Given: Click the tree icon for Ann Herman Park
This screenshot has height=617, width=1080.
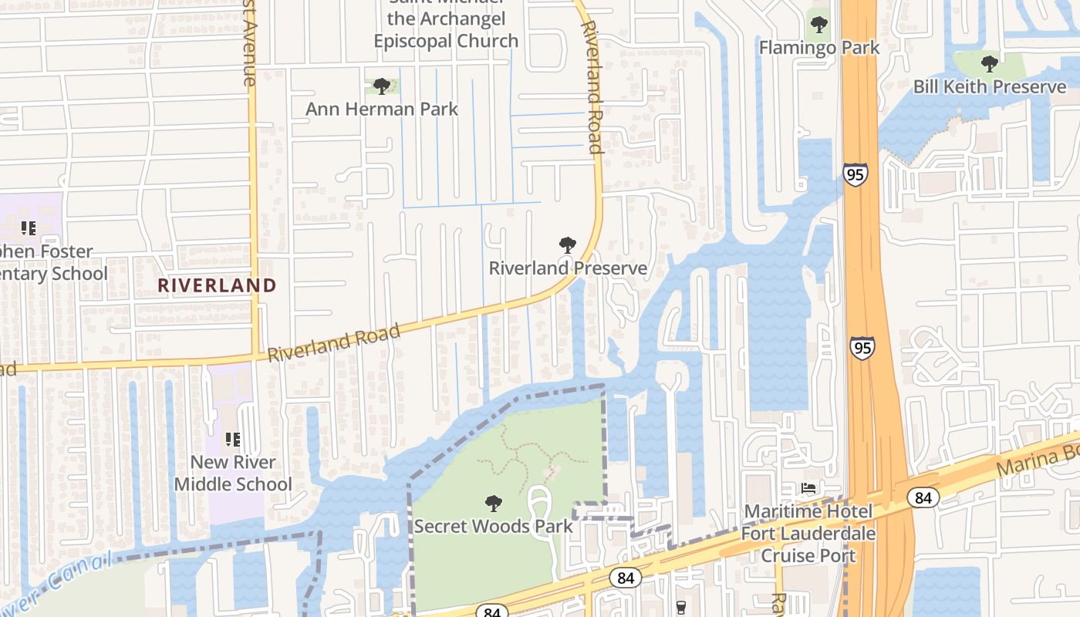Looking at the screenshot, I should click(381, 86).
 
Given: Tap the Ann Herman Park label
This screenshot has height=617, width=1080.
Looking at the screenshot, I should click(382, 109).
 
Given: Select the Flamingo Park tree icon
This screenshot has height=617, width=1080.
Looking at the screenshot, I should click(819, 25).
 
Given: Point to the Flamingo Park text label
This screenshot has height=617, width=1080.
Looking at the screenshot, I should click(819, 48).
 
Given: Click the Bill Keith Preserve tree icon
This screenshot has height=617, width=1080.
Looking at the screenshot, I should click(989, 63).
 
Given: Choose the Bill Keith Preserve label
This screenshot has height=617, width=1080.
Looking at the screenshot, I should click(990, 86).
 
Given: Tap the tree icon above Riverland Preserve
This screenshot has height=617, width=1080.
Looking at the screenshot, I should click(568, 245).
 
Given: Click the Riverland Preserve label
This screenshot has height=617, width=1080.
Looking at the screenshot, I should click(568, 268).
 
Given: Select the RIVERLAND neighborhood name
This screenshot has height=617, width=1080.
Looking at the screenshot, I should click(217, 285).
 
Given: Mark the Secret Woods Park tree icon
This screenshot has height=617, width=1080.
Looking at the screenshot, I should click(494, 504).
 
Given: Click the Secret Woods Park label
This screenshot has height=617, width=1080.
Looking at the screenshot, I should click(494, 526).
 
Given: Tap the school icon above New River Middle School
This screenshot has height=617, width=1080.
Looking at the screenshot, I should click(232, 440).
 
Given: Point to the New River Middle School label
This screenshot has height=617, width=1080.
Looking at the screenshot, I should click(232, 473).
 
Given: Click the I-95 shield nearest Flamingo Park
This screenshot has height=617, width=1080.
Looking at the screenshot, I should click(855, 174).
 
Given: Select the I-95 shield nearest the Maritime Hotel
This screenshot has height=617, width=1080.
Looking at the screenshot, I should click(862, 348).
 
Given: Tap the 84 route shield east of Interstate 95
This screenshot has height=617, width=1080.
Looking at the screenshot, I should click(923, 497).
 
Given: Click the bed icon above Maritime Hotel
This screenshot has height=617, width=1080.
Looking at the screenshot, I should click(808, 488).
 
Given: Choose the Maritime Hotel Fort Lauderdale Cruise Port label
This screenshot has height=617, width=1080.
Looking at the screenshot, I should click(808, 533).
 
